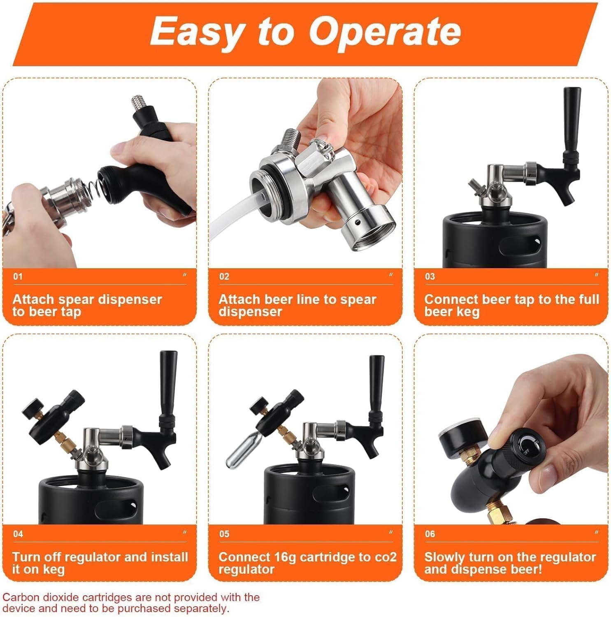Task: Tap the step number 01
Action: pos(18,276)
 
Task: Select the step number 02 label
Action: pos(224,276)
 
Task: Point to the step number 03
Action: pos(430,276)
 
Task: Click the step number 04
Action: pos(18,534)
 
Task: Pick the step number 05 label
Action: pos(224,534)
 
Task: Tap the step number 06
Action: pos(430,534)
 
